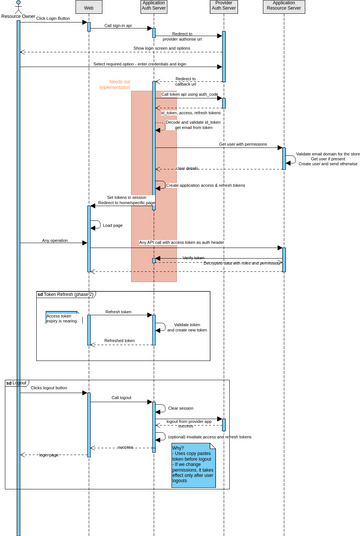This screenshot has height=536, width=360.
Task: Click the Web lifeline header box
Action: point(88,7)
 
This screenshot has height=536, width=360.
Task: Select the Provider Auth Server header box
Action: point(224,7)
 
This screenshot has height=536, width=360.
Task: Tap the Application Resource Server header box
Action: point(284,7)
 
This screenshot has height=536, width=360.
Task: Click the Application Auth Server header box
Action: point(154,7)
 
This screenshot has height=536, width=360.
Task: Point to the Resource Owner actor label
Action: point(18,17)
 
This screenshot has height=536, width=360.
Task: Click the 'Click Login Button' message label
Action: point(53,19)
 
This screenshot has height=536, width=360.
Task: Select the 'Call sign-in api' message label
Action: point(118,26)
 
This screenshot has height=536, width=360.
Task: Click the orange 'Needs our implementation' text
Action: point(117,85)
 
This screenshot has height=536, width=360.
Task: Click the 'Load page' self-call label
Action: point(113,226)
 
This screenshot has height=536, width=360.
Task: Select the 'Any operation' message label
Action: point(55,241)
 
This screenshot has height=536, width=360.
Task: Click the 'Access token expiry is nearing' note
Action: point(61,319)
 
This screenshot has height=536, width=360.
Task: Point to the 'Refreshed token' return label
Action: point(119,341)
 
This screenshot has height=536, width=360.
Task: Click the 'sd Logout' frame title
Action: point(16,383)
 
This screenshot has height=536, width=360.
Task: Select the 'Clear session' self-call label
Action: point(180,408)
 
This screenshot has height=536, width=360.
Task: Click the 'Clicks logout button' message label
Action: point(49,388)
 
